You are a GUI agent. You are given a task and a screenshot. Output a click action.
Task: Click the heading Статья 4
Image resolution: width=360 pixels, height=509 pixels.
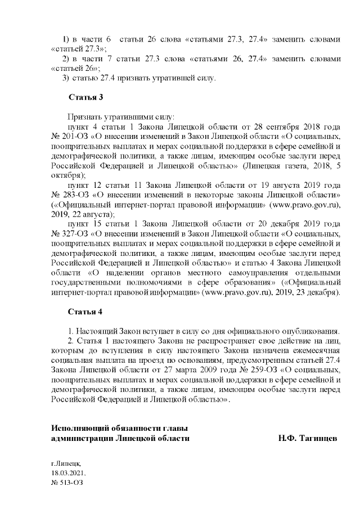tap(85, 311)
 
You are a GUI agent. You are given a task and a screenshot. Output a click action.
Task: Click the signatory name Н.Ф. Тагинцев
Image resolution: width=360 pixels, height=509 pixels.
tap(307, 438)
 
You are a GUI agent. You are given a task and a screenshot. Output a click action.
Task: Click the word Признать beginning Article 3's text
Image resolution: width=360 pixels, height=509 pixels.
tap(85, 117)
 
